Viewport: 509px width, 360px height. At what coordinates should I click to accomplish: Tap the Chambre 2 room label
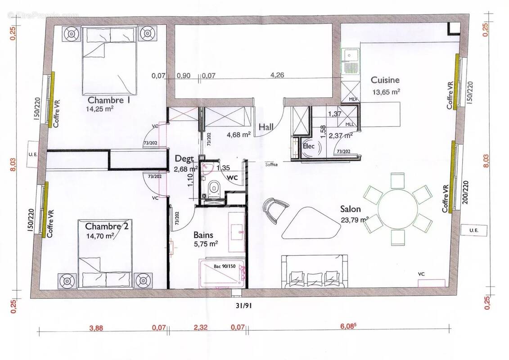(x=107, y=226)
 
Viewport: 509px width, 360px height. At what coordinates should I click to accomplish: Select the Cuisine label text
(x=385, y=80)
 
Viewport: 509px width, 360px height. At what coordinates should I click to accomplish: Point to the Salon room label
(x=350, y=209)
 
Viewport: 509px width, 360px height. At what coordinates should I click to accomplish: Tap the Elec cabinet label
(x=308, y=146)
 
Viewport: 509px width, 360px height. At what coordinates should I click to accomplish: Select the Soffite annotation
(x=271, y=164)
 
